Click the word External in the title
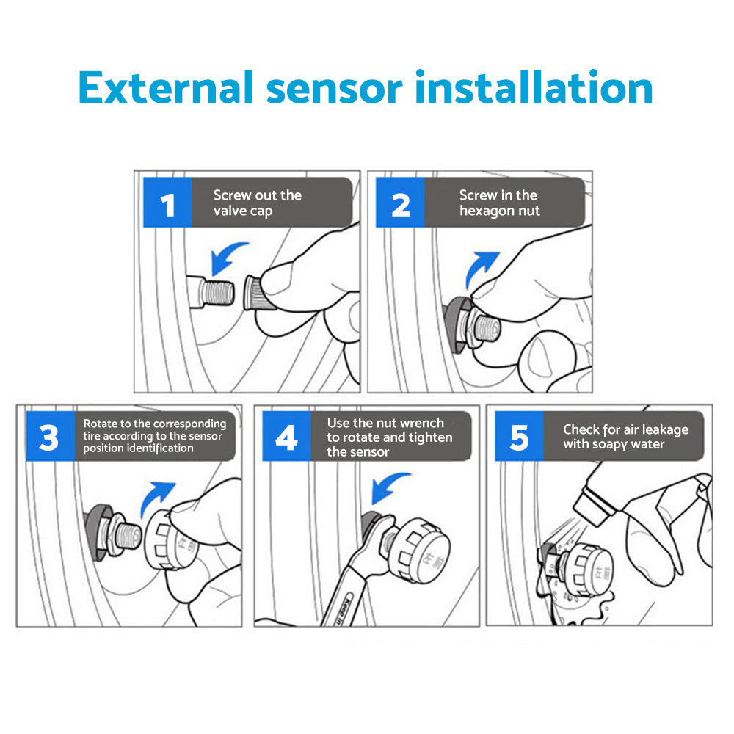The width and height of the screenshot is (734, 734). (165, 88)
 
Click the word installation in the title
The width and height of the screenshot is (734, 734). (534, 88)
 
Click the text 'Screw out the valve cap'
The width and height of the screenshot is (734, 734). (257, 203)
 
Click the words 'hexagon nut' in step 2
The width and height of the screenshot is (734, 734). (499, 211)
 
